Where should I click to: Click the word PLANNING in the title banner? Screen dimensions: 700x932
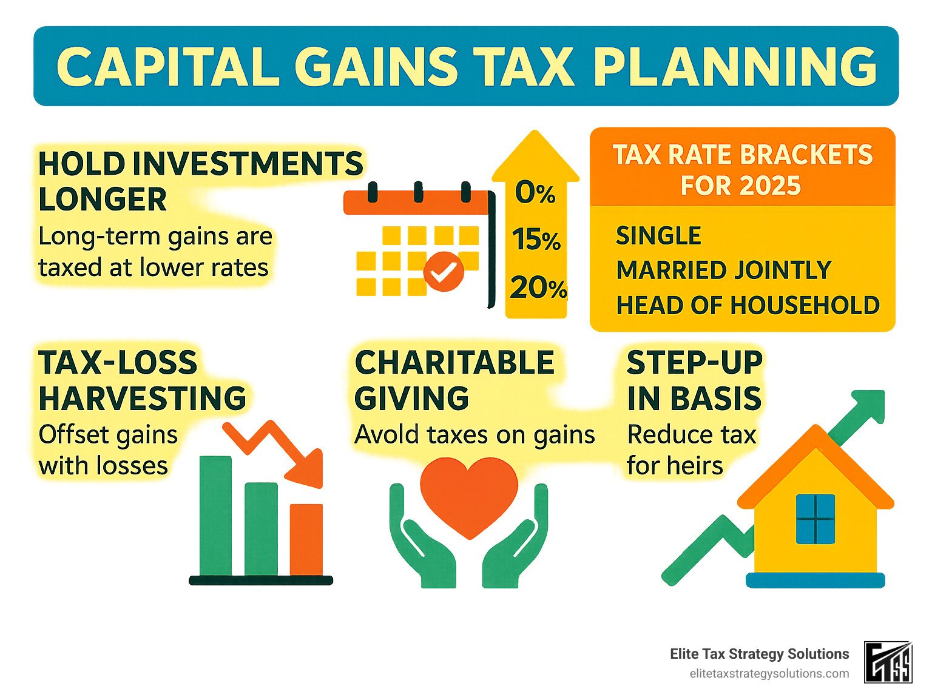[x=735, y=67]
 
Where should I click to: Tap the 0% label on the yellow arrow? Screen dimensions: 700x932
[x=535, y=193]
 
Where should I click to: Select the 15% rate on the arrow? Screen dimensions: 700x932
[x=536, y=240]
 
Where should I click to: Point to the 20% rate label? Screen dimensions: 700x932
[x=538, y=288]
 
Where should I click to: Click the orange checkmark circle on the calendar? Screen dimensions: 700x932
[x=444, y=272]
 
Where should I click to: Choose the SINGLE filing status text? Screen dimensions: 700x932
[x=658, y=236]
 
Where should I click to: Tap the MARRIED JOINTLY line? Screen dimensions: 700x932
[x=723, y=271]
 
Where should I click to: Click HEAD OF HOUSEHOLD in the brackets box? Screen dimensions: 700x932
[x=748, y=306]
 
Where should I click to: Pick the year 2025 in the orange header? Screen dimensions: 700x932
[x=770, y=186]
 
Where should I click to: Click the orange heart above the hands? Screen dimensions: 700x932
[x=469, y=493]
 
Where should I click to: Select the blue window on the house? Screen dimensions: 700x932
[x=815, y=519]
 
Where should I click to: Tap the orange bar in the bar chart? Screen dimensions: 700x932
[x=306, y=539]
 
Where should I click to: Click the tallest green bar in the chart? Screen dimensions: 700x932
[x=215, y=516]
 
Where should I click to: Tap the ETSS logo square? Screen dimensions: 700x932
[x=888, y=662]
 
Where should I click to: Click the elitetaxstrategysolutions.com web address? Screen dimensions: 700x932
[x=769, y=674]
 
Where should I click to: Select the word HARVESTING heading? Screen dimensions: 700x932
[x=143, y=399]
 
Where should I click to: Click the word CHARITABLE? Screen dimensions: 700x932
[x=454, y=363]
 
